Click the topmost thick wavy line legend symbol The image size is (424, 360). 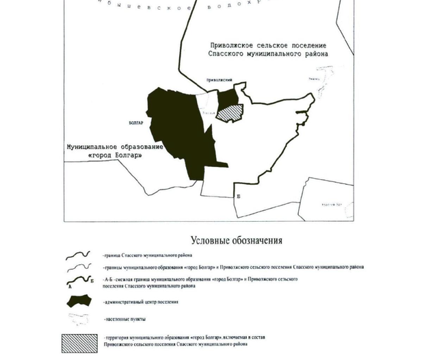tap(79, 255)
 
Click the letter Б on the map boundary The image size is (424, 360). tap(238, 196)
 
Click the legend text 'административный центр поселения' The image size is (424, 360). tap(144, 302)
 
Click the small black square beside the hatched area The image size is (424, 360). tap(224, 96)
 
